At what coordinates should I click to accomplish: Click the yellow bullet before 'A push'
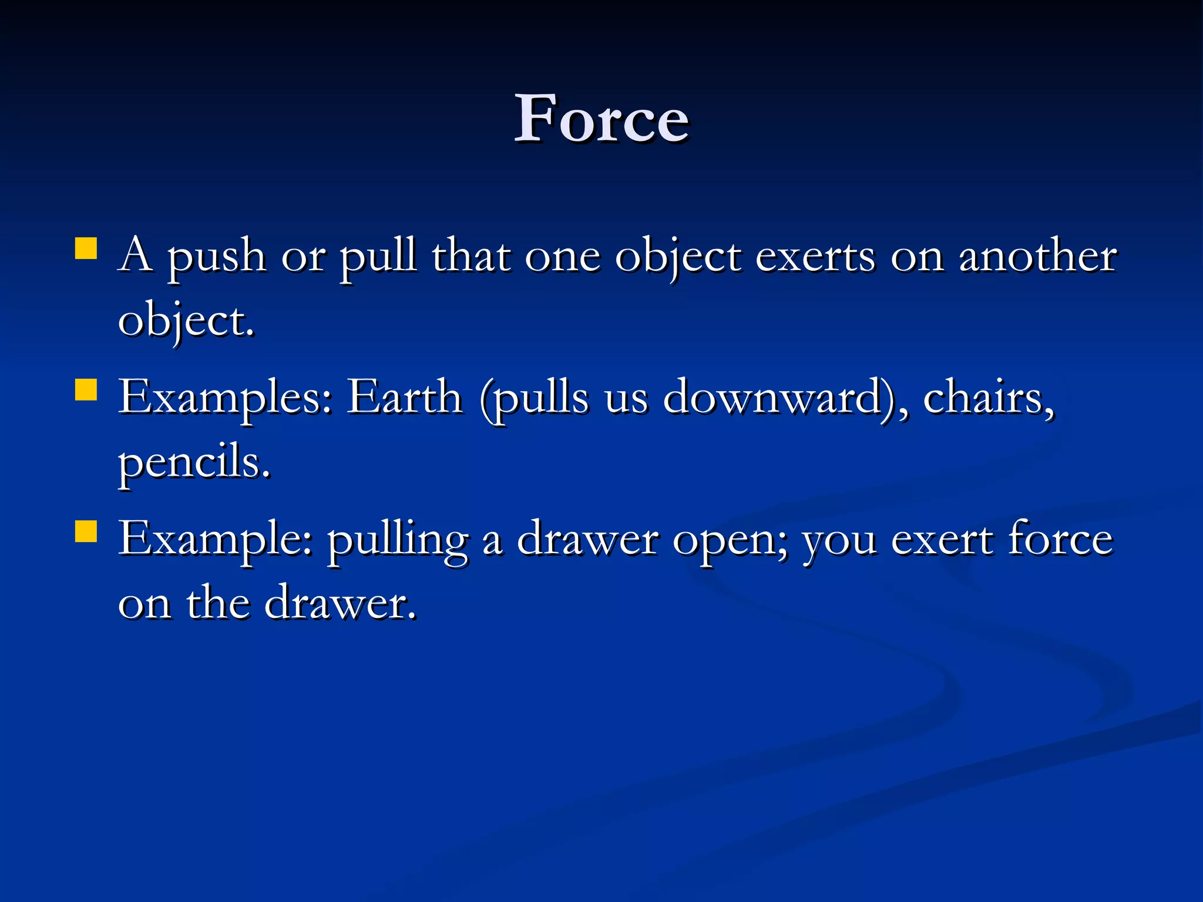86,248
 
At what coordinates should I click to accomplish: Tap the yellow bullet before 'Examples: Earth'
86,389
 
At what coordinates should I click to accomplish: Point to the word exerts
815,257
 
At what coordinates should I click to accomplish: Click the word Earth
405,398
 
